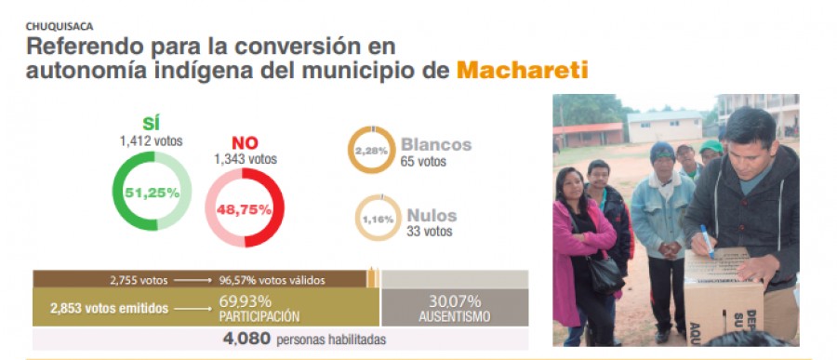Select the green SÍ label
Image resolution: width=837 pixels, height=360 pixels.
pyautogui.click(x=151, y=123)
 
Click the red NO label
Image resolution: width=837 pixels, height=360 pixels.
pyautogui.click(x=245, y=141)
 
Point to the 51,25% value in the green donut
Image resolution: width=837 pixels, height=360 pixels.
pyautogui.click(x=151, y=193)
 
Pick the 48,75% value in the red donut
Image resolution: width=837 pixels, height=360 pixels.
pyautogui.click(x=245, y=209)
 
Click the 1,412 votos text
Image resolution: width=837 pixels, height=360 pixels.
pyautogui.click(x=151, y=140)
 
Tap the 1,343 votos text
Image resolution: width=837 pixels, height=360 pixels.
pyautogui.click(x=245, y=159)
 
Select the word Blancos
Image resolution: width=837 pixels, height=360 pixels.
pyautogui.click(x=435, y=144)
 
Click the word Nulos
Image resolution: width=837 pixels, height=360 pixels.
pyautogui.click(x=431, y=215)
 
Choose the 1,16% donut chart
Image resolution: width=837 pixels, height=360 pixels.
pyautogui.click(x=378, y=220)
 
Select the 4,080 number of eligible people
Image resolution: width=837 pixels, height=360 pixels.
pyautogui.click(x=247, y=339)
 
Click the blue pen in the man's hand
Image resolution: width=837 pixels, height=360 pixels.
pyautogui.click(x=707, y=240)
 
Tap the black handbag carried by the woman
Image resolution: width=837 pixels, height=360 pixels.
pyautogui.click(x=604, y=273)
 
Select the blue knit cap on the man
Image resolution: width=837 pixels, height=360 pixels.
pyautogui.click(x=662, y=152)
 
